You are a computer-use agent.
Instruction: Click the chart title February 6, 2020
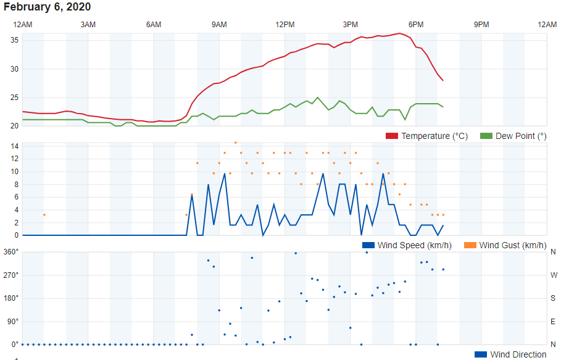pyautogui.click(x=48, y=7)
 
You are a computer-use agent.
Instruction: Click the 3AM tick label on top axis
pyautogui.click(x=88, y=25)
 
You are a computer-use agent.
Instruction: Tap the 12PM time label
pyautogui.click(x=285, y=25)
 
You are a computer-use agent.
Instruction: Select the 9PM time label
pyautogui.click(x=481, y=25)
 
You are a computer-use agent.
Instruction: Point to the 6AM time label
pyautogui.click(x=154, y=25)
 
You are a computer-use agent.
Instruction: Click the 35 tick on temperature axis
pyautogui.click(x=15, y=40)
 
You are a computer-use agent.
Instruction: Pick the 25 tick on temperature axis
pyautogui.click(x=15, y=98)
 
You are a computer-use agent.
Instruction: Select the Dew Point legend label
pyautogui.click(x=521, y=136)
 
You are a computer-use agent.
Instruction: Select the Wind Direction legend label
pyautogui.click(x=518, y=354)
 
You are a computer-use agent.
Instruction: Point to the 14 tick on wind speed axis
pyautogui.click(x=14, y=146)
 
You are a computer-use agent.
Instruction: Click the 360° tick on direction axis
pyautogui.click(x=11, y=252)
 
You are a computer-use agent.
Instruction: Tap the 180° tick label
pyautogui.click(x=11, y=298)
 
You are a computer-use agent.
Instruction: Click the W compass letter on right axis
pyautogui.click(x=553, y=275)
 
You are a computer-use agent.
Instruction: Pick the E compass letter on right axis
pyautogui.click(x=553, y=322)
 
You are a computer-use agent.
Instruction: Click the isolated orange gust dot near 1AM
pyautogui.click(x=44, y=215)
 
